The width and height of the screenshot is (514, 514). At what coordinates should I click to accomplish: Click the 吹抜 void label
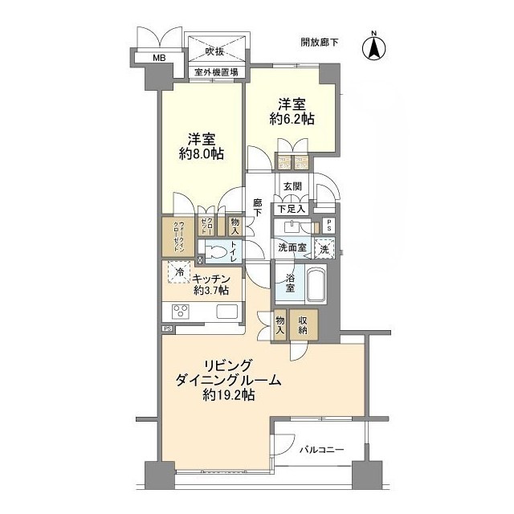214,52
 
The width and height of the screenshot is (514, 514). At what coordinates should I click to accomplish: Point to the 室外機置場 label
215,72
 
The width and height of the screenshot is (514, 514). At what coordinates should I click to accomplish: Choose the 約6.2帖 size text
292,119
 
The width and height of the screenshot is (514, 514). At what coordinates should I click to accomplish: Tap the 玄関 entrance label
292,189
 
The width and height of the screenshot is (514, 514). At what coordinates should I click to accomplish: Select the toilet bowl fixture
216,251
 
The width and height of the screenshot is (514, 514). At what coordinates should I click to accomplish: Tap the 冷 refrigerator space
179,273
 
